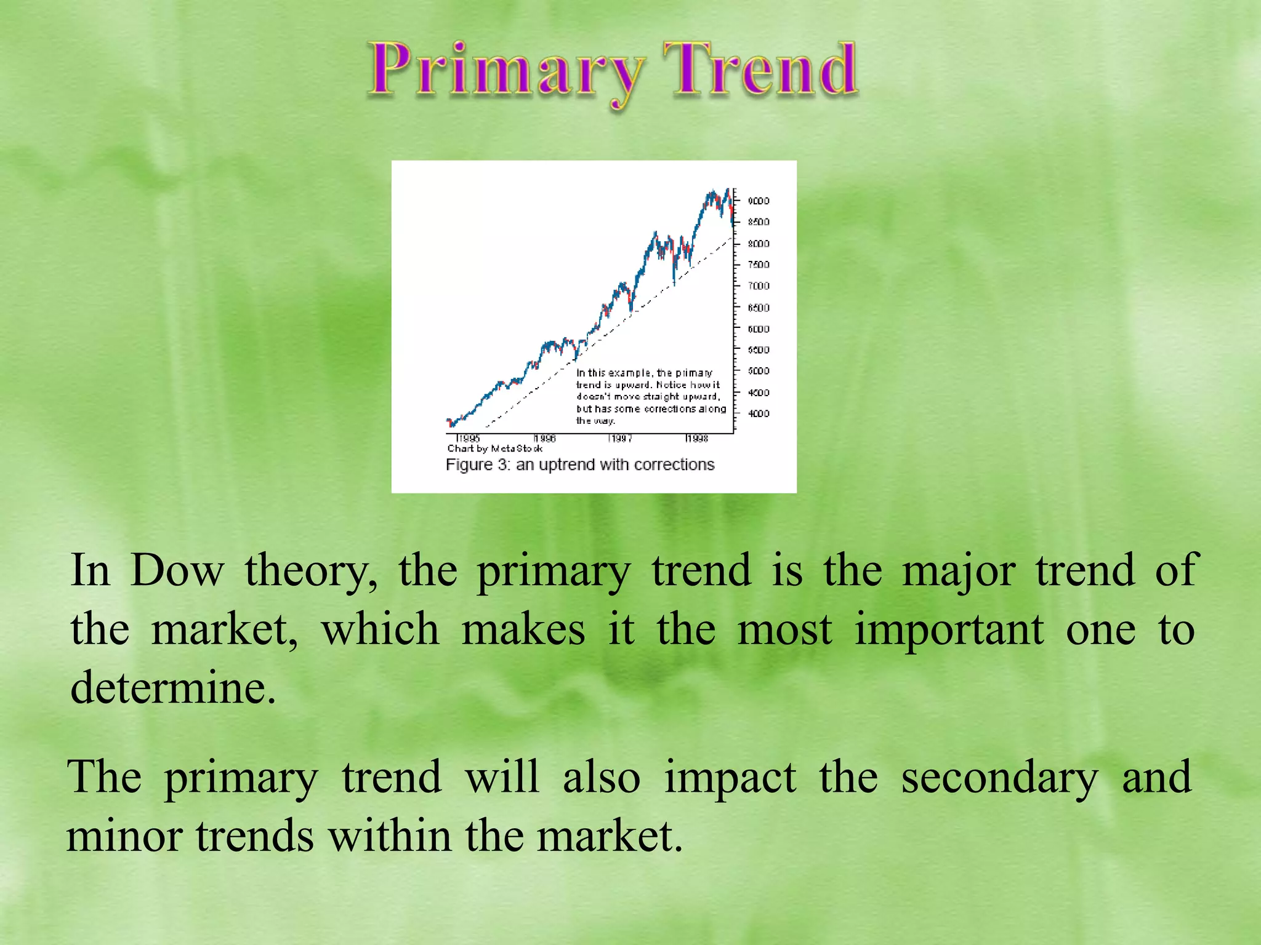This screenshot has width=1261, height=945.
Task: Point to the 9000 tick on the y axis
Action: (758, 201)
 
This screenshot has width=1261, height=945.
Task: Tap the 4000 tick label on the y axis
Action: (758, 413)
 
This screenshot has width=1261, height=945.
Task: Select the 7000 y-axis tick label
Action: (758, 286)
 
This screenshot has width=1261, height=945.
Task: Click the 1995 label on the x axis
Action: (469, 439)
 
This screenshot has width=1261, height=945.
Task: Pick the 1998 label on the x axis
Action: (697, 439)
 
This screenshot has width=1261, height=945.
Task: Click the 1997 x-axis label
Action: (620, 439)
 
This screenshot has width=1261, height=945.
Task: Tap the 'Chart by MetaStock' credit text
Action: (494, 449)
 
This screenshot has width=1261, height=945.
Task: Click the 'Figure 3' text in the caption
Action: (478, 465)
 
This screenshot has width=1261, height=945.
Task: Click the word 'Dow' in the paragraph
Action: (177, 571)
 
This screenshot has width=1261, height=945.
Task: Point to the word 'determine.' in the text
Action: (173, 688)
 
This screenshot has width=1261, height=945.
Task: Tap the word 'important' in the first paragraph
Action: (949, 630)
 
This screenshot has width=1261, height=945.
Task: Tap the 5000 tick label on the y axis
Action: (758, 371)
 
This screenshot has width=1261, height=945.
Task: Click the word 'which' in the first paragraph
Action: (381, 630)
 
